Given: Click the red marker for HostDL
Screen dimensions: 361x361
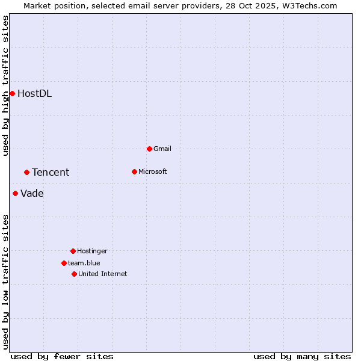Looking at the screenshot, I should click(12, 93).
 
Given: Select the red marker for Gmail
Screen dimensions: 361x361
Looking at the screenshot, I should click(149, 149).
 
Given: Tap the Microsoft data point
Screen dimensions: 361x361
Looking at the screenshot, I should click(134, 171).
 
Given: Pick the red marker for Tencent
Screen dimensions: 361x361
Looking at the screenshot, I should click(26, 172).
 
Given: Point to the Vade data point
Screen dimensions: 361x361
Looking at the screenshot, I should click(15, 193).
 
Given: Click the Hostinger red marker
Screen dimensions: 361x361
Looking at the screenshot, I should click(73, 251).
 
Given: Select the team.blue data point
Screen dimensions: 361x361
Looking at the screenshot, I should click(64, 263).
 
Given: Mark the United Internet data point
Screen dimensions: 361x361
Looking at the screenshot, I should click(74, 274).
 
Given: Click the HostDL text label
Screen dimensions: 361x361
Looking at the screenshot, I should click(34, 93).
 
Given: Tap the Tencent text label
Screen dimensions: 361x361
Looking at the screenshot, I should click(51, 173).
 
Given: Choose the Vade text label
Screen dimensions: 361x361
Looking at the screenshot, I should click(32, 194).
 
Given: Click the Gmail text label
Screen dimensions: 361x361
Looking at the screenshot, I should click(162, 149).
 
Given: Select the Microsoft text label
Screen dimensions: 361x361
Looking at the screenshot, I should click(152, 171).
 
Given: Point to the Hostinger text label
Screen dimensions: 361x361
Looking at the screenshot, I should click(92, 251).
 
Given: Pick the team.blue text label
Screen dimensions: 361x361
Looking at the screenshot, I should click(84, 263).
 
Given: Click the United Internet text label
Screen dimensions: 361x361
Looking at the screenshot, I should click(102, 274).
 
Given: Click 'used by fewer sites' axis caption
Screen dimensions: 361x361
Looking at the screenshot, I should click(62, 356).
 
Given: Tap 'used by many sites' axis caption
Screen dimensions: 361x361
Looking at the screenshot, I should click(302, 356).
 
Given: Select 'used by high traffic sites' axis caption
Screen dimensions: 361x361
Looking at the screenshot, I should click(5, 85).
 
